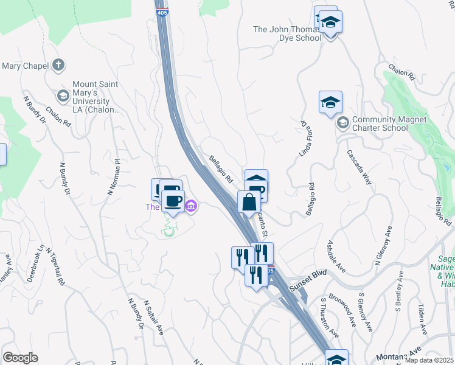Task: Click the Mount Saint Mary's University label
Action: coord(96,97)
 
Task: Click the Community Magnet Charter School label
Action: coord(380,123)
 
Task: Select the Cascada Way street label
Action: coord(358,166)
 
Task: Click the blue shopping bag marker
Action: coord(249,202)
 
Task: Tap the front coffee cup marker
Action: coord(173,201)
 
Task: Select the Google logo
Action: coord(20,358)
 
